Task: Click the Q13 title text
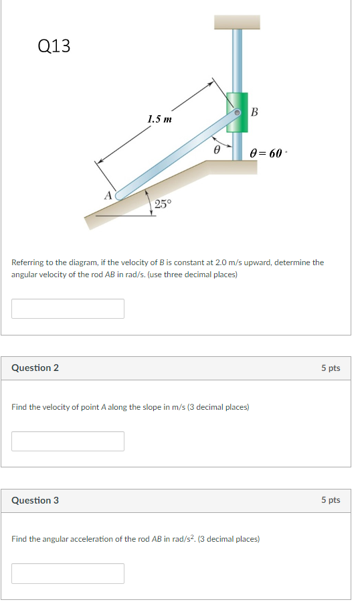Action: pyautogui.click(x=54, y=46)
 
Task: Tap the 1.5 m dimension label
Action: pyautogui.click(x=159, y=119)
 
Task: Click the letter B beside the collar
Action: pyautogui.click(x=255, y=111)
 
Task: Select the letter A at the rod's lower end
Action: pyautogui.click(x=107, y=196)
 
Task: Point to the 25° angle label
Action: pyautogui.click(x=163, y=204)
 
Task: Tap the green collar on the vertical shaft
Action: pyautogui.click(x=238, y=112)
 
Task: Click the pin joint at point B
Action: pyautogui.click(x=236, y=113)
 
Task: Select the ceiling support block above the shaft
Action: pyautogui.click(x=236, y=21)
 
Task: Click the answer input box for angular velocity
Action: pyautogui.click(x=68, y=309)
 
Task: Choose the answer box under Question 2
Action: pyautogui.click(x=68, y=441)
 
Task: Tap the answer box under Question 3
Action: pyautogui.click(x=68, y=573)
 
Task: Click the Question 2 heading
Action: pyautogui.click(x=35, y=368)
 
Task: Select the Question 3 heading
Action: pyautogui.click(x=35, y=500)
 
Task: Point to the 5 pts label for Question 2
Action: pyautogui.click(x=331, y=368)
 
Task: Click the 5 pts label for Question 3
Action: pyautogui.click(x=331, y=500)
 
